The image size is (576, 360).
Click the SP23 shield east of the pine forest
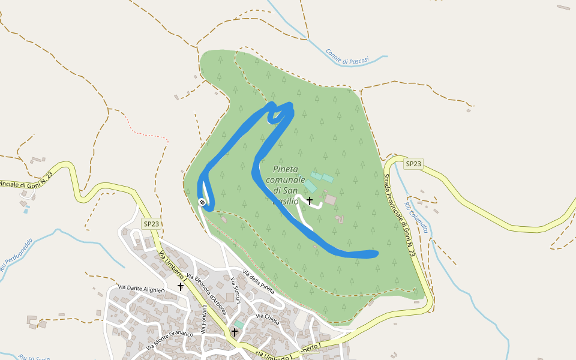click(413, 164)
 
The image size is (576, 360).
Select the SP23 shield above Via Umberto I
click(151, 224)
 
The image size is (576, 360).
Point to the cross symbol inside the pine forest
click(310, 200)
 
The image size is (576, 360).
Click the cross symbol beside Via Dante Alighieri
click(180, 287)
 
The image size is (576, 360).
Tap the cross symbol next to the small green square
click(235, 332)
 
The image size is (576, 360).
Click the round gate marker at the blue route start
click(203, 202)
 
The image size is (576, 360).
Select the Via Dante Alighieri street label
click(141, 289)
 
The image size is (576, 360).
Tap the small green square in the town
click(239, 324)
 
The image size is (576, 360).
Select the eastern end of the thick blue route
click(376, 253)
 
